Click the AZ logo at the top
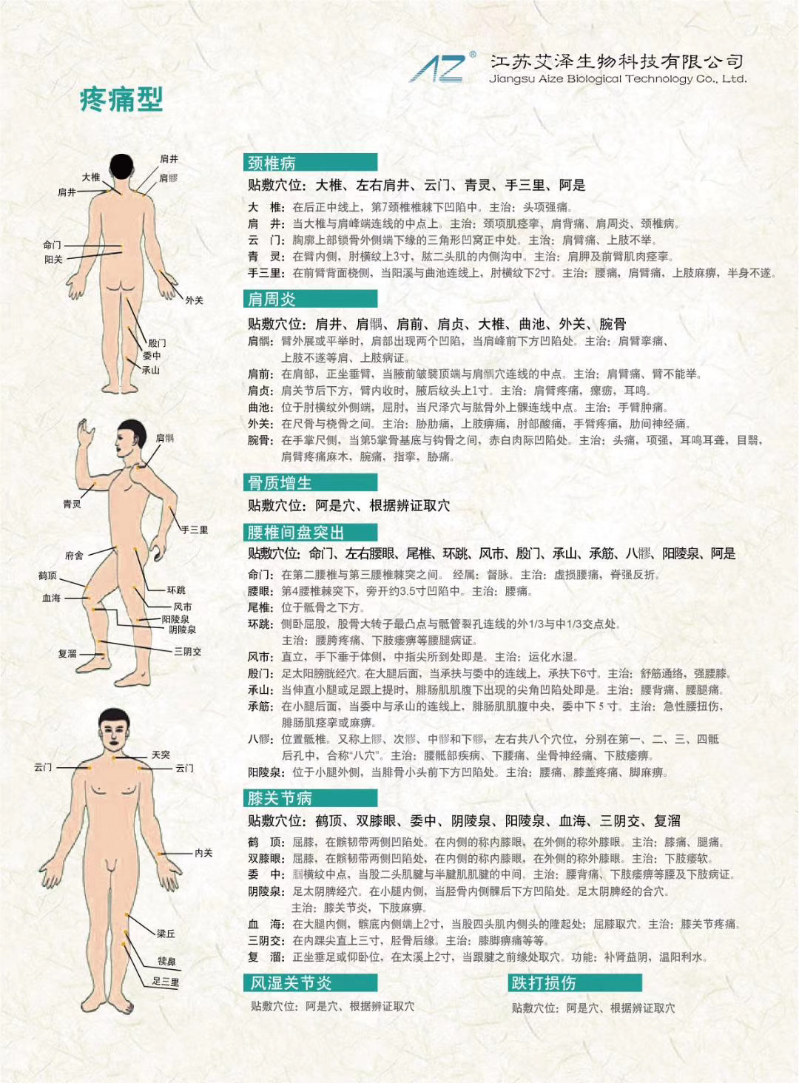[440, 68]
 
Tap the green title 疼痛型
[121, 99]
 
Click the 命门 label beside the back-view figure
[52, 245]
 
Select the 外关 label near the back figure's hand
[194, 300]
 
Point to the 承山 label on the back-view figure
[151, 370]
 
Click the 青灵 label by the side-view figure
[72, 505]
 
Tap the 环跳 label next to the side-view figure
[176, 590]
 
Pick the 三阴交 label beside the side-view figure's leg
[187, 652]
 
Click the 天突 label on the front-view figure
[161, 755]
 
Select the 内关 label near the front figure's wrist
[203, 853]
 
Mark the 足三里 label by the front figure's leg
[165, 982]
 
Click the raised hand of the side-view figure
[86, 431]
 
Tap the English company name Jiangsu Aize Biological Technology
[618, 79]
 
